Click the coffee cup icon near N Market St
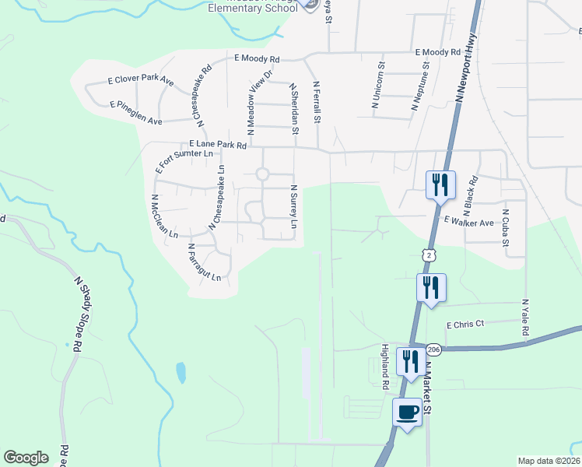pos(407,411)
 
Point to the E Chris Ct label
pos(465,324)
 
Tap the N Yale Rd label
pos(525,318)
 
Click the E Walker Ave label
pos(469,223)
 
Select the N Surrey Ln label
pos(294,206)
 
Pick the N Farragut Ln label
pos(205,262)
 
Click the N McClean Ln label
pos(166,216)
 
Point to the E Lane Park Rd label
pos(218,144)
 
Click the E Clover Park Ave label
pos(141,81)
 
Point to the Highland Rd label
pos(385,367)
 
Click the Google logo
pos(26,458)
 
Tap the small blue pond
pos(181,373)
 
